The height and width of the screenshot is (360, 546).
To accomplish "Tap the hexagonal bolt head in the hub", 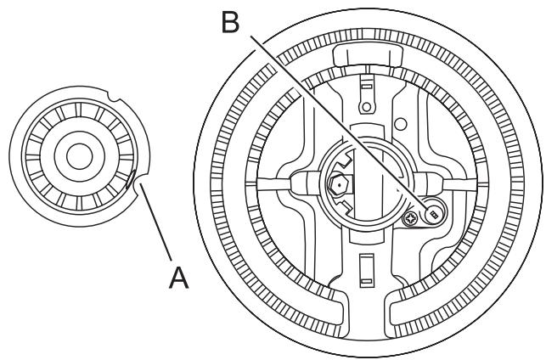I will coord(338,183).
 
